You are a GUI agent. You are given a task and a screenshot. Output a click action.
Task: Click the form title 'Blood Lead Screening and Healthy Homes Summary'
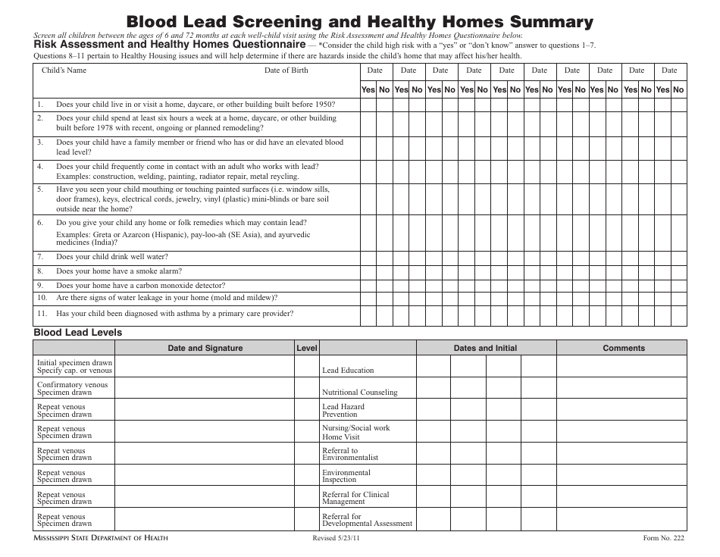click(x=360, y=21)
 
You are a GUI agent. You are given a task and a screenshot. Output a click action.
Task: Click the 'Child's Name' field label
click(x=64, y=70)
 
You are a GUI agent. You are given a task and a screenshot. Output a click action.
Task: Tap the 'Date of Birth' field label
click(x=286, y=70)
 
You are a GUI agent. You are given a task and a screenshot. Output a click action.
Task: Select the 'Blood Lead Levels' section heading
click(x=77, y=332)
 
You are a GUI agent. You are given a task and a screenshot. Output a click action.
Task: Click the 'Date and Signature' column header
click(x=205, y=348)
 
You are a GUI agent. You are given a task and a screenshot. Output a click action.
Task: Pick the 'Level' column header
click(x=307, y=348)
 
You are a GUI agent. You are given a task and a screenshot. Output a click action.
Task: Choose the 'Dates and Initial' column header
click(x=485, y=348)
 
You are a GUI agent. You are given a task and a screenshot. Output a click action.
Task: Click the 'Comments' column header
click(x=624, y=348)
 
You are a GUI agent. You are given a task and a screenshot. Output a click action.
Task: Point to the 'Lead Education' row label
click(x=348, y=371)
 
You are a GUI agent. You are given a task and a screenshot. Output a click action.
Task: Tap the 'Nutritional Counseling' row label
click(x=359, y=393)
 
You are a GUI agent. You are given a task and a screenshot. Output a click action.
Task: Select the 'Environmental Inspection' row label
click(x=346, y=476)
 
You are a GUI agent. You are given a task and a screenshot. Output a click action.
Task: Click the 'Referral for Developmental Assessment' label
click(x=367, y=520)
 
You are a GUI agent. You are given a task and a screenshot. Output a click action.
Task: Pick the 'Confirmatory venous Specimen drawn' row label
click(x=73, y=389)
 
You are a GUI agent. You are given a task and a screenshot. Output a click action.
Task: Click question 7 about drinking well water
click(x=111, y=257)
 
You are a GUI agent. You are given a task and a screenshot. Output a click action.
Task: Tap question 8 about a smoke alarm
click(x=118, y=271)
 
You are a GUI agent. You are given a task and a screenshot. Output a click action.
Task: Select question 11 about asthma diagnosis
click(x=174, y=314)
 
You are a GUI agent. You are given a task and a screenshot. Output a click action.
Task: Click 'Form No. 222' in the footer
click(x=663, y=538)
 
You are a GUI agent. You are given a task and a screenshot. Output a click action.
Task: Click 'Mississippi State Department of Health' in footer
click(x=101, y=538)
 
